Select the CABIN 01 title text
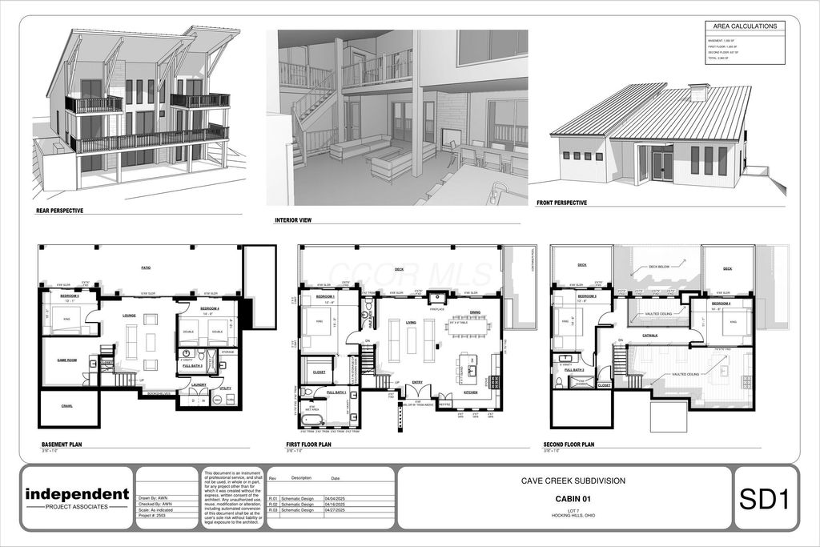pos(569,498)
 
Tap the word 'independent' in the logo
pos(77,493)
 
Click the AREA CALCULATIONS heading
pos(745,26)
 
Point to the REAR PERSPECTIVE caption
pos(60,211)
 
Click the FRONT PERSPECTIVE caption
pos(561,203)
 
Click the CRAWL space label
pos(66,406)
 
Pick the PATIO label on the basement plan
pos(146,267)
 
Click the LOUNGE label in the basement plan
pos(130,316)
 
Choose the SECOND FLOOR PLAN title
pos(568,444)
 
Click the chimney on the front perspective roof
pos(698,92)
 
